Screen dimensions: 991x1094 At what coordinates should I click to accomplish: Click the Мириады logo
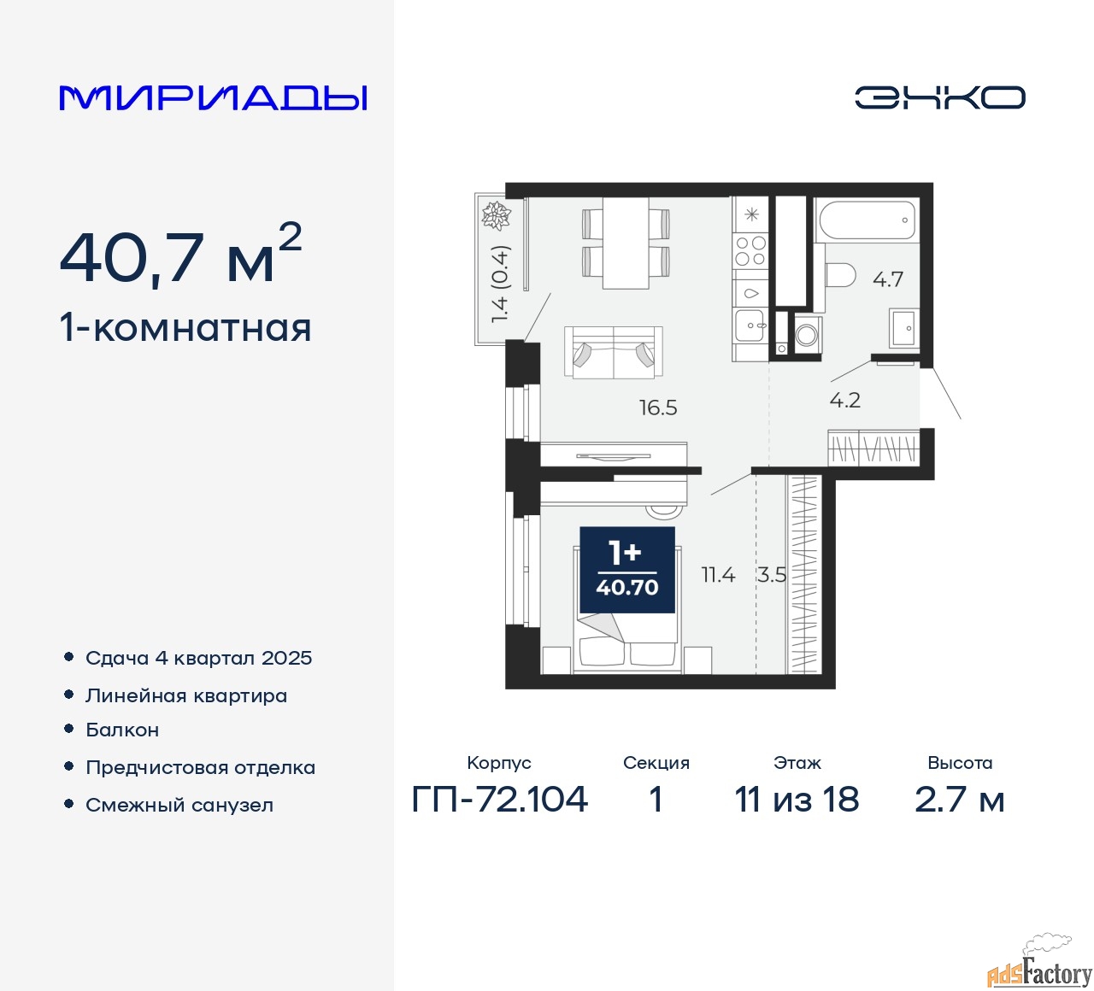click(213, 97)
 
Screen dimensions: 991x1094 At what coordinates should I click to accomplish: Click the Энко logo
click(939, 97)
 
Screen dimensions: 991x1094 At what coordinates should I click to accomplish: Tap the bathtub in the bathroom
click(867, 220)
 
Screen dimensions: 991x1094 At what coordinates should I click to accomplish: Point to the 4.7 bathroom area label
click(888, 279)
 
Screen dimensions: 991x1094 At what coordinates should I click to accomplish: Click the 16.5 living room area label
click(658, 408)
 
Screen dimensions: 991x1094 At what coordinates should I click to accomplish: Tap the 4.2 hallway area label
click(844, 400)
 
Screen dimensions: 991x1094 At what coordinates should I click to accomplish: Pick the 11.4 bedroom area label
click(718, 575)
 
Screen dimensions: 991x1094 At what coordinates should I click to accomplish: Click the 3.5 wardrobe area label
click(771, 575)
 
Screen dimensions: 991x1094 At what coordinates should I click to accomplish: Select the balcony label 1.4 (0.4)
click(500, 284)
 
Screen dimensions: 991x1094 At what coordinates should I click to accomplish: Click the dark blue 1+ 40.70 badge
click(627, 570)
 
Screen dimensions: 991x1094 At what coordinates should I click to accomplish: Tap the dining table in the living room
click(626, 243)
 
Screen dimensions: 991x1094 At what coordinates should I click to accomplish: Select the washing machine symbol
click(806, 334)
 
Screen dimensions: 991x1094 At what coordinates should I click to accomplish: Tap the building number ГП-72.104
click(500, 800)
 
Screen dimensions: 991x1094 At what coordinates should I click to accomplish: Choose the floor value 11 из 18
click(797, 800)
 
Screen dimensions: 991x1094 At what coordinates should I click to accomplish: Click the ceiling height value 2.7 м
click(959, 800)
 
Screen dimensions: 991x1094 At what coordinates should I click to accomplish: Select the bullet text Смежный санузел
click(179, 805)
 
